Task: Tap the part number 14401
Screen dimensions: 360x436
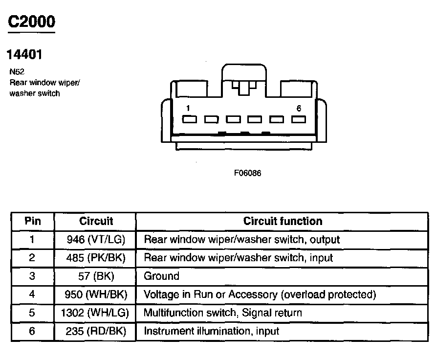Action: click(x=24, y=54)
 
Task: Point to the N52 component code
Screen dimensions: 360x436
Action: click(x=17, y=71)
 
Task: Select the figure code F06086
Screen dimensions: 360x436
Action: click(x=248, y=173)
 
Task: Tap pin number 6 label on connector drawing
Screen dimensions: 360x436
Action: click(x=299, y=108)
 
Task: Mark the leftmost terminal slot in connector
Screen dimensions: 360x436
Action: click(x=189, y=119)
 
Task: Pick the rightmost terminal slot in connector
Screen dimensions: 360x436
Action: click(x=299, y=119)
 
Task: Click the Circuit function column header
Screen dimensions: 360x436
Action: click(x=283, y=221)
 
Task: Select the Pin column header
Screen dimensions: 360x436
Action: click(x=33, y=221)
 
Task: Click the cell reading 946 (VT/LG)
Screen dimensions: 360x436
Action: click(x=96, y=240)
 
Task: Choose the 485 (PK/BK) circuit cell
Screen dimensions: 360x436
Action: click(x=96, y=258)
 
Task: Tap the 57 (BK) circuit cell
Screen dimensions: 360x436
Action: click(x=96, y=276)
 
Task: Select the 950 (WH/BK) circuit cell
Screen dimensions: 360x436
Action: click(x=96, y=294)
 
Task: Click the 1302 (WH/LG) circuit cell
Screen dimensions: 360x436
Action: click(x=96, y=313)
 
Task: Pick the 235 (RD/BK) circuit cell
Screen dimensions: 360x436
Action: click(x=96, y=331)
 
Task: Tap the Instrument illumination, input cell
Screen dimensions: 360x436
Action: click(x=211, y=331)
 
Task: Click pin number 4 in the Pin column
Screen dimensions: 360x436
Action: click(x=32, y=294)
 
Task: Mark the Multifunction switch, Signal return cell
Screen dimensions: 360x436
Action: click(x=222, y=313)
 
